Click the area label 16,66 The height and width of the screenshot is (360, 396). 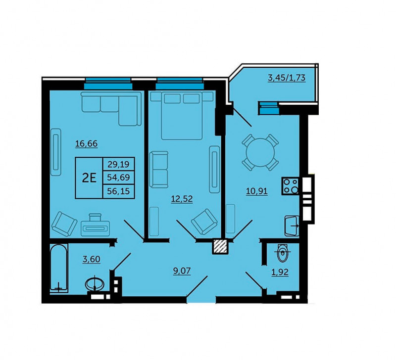[x=86, y=143]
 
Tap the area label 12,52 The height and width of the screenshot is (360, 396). [x=182, y=199]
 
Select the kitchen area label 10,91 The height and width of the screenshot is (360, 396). [x=257, y=191]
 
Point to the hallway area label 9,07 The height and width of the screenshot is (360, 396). [x=182, y=271]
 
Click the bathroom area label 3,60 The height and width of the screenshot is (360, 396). [x=92, y=259]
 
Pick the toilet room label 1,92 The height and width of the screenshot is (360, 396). [x=280, y=272]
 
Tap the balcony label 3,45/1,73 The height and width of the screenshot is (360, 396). [x=287, y=78]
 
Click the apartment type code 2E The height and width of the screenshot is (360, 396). [x=89, y=178]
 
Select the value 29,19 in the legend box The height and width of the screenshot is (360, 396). [x=118, y=165]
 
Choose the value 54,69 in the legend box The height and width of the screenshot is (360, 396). [x=118, y=178]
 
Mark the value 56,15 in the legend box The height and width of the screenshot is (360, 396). [x=118, y=191]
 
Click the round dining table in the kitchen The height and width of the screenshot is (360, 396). [x=260, y=152]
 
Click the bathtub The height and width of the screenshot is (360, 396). [x=59, y=268]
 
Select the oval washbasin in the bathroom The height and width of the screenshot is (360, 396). [x=95, y=284]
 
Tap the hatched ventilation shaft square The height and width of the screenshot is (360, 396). [x=220, y=246]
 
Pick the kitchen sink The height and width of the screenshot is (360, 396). [x=292, y=226]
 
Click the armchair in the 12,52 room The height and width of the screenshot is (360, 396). [x=204, y=222]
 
